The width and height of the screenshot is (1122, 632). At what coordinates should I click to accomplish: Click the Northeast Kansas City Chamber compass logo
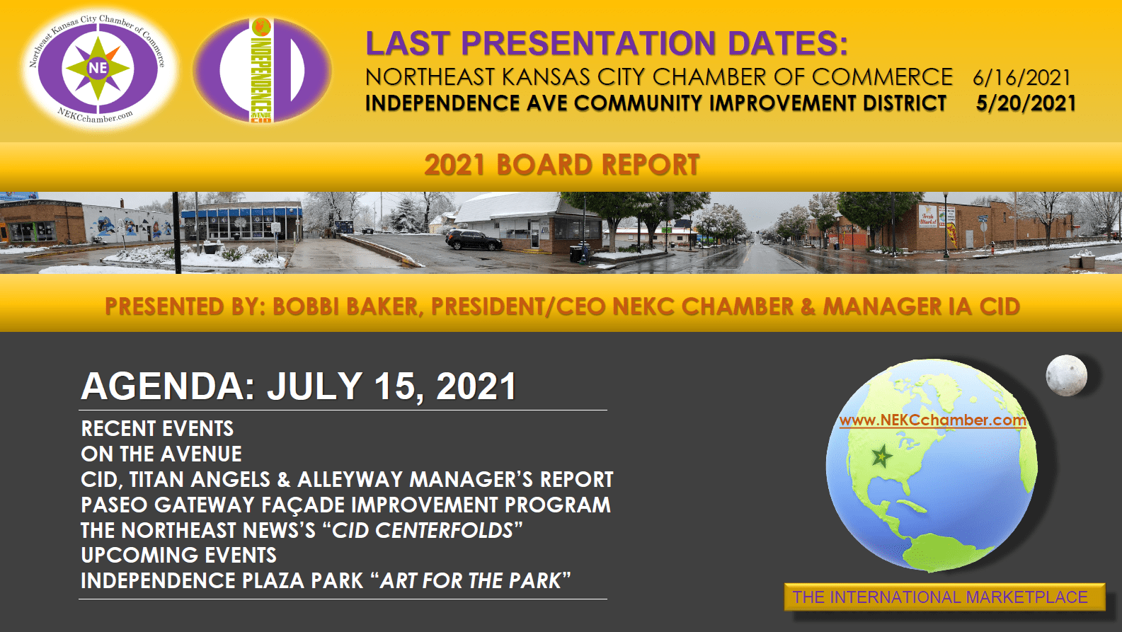point(98,68)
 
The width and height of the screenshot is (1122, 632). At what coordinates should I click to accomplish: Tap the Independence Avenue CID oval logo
point(262,69)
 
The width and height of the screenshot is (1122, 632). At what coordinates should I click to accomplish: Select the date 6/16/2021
point(1021,78)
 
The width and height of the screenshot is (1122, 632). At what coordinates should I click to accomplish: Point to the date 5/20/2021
point(1026,103)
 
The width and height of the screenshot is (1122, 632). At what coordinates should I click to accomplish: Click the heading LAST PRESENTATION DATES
point(607,43)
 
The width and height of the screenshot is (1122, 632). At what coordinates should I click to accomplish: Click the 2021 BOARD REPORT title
point(561,165)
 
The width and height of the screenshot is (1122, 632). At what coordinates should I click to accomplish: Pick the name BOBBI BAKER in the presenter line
point(345,306)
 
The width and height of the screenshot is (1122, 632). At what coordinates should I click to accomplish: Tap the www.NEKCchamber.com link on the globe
point(933,420)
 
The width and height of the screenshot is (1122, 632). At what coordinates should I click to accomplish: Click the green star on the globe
point(881,456)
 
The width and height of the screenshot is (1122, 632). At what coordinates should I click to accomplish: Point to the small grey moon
point(1066,375)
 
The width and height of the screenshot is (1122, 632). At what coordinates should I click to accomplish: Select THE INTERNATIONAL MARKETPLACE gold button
point(945,597)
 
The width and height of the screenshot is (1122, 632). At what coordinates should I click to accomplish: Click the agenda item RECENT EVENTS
point(157,429)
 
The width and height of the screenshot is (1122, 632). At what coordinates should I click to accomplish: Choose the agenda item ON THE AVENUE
point(161,454)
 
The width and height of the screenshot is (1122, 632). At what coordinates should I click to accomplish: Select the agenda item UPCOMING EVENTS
point(179,556)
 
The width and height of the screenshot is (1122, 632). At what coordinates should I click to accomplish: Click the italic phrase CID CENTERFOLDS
point(423,530)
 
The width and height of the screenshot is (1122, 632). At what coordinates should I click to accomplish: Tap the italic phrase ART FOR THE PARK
point(470,581)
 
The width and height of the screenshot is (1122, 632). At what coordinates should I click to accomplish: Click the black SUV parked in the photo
point(474,240)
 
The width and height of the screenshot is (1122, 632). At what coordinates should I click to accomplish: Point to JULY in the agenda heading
point(314,386)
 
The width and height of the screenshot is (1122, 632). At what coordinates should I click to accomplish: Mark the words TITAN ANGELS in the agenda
point(200,480)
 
